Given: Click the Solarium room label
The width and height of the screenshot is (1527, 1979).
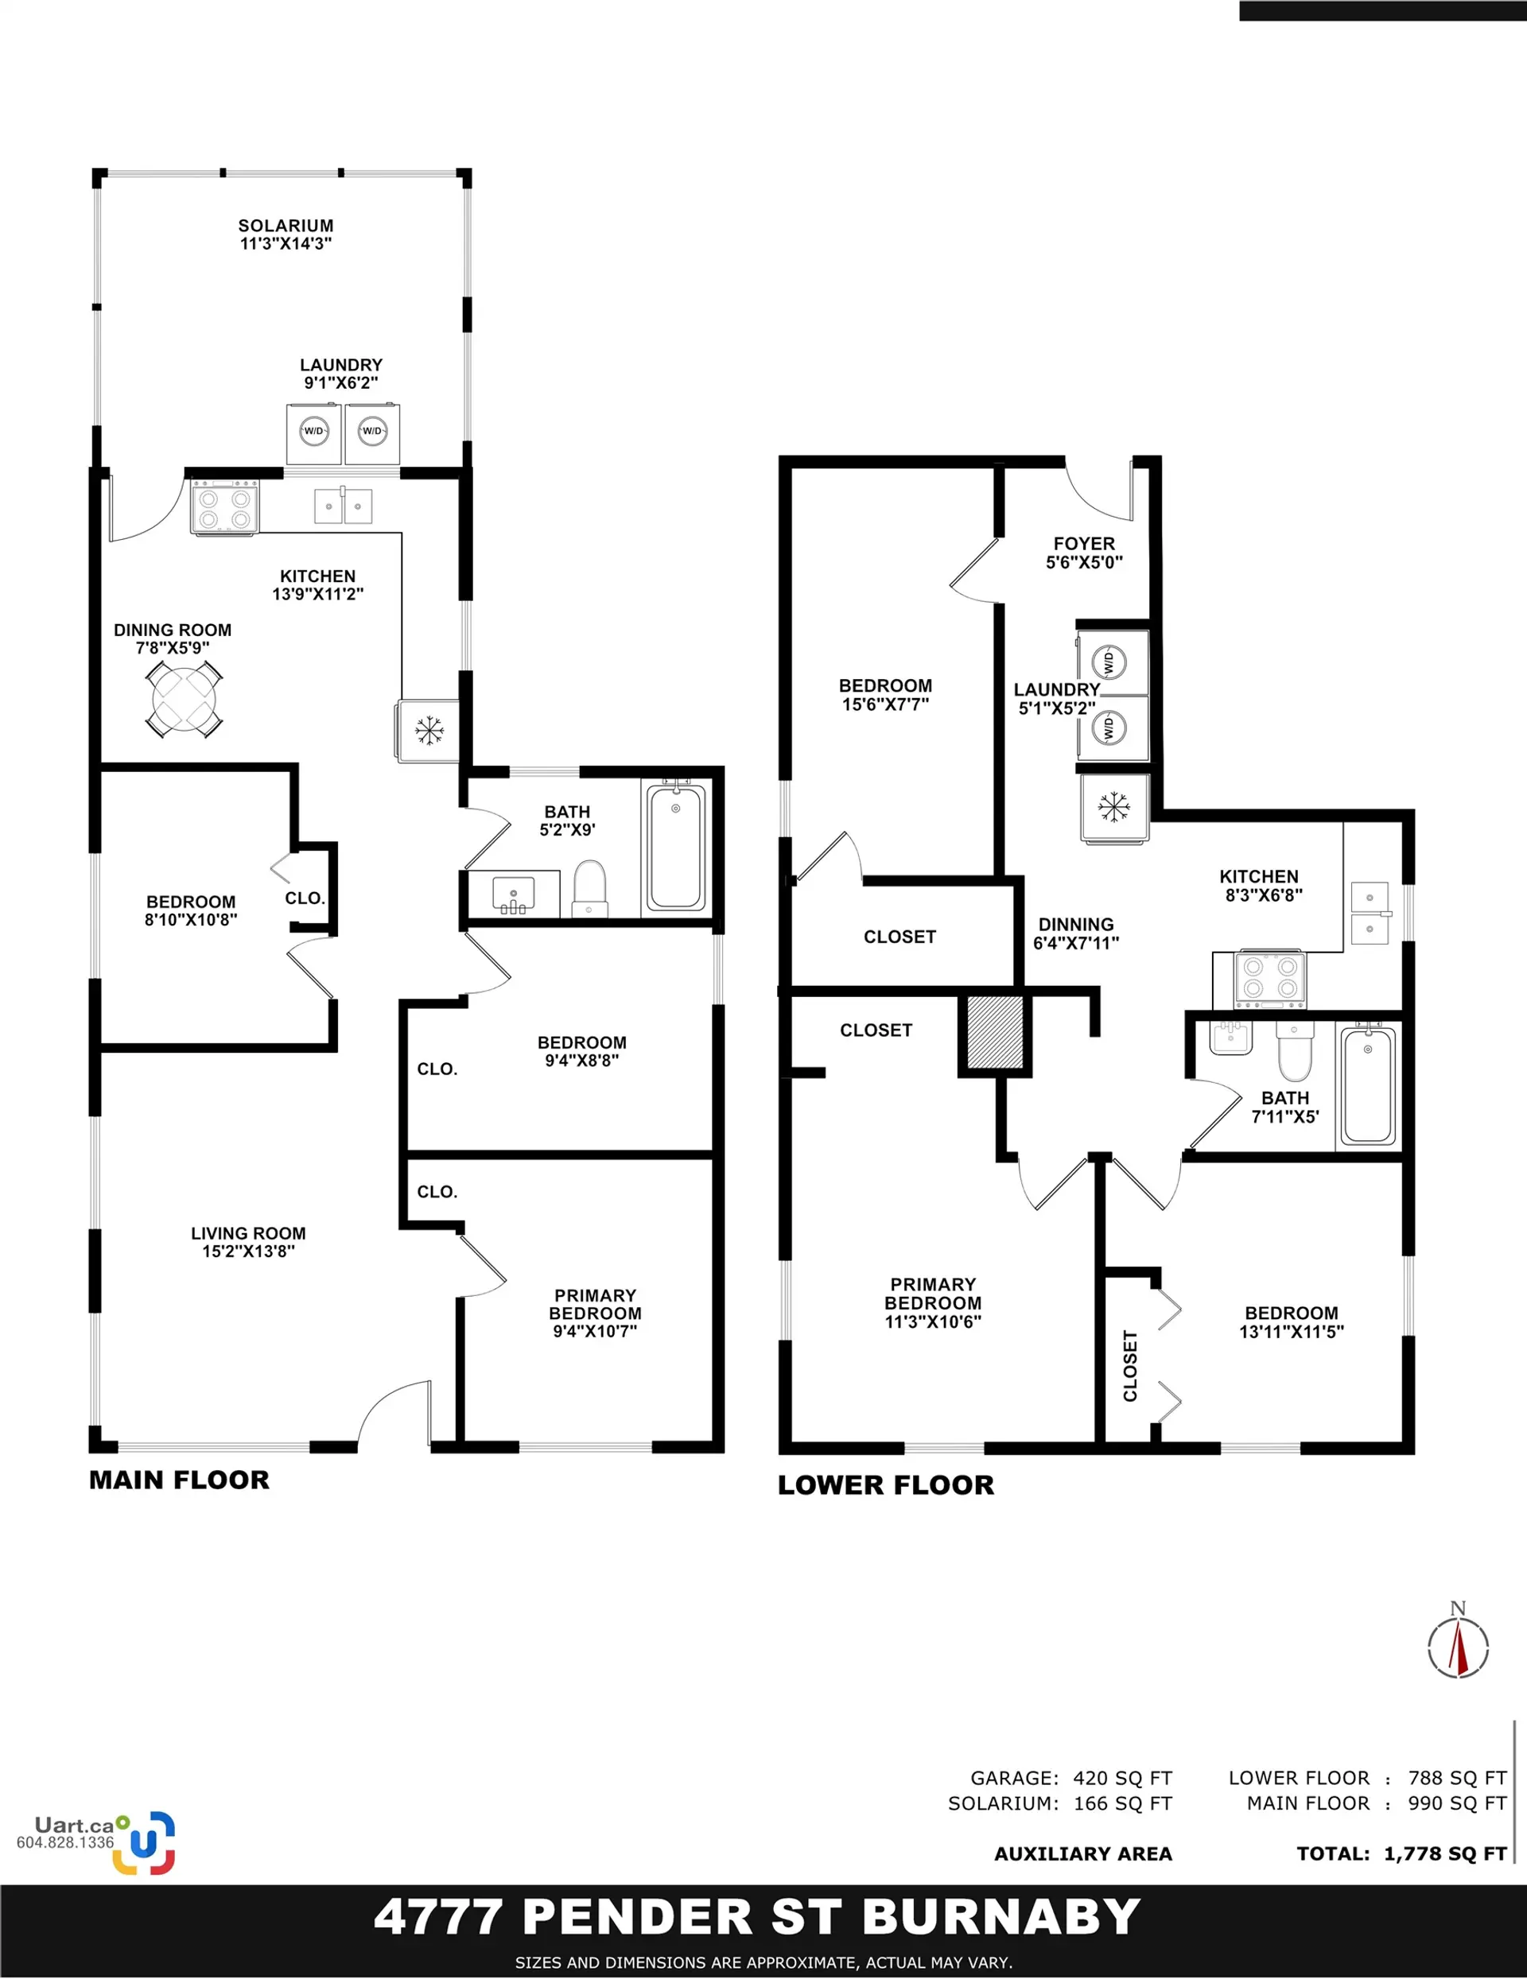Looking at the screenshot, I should [x=286, y=234].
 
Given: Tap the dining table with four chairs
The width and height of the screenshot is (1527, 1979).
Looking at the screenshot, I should [x=184, y=699].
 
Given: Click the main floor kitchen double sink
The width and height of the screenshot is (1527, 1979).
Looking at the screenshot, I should [x=343, y=506].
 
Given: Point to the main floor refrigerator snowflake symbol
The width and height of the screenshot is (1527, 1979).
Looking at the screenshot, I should [x=429, y=729].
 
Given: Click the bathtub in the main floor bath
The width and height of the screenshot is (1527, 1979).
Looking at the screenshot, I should [x=676, y=848].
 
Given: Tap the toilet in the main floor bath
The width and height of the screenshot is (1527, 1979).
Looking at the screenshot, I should [x=590, y=889].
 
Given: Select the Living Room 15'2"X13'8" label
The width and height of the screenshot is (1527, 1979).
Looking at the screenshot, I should [x=247, y=1241].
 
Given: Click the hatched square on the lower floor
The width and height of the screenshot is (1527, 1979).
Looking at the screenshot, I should [x=995, y=1032].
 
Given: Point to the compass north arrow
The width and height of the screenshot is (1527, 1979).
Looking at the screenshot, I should [x=1458, y=1648].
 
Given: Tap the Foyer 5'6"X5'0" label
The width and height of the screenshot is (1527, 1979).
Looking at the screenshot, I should [x=1084, y=552].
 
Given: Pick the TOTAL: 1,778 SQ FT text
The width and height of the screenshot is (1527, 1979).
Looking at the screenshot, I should [x=1401, y=1854].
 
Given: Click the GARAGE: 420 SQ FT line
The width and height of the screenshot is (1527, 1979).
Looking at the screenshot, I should [x=1071, y=1778].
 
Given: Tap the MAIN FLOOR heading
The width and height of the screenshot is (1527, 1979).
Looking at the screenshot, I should [x=180, y=1480].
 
